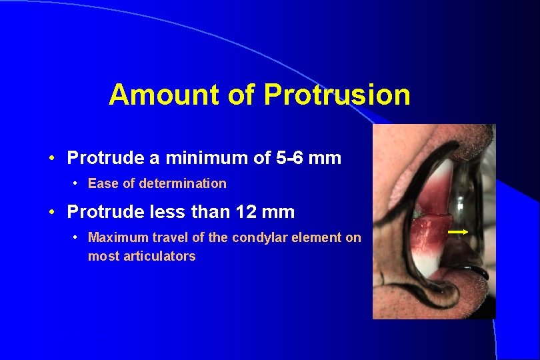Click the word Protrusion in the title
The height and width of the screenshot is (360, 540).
point(337,95)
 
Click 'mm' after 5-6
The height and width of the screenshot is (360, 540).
point(326,158)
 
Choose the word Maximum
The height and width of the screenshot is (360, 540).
point(116,237)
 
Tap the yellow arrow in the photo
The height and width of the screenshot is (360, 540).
point(458,232)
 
